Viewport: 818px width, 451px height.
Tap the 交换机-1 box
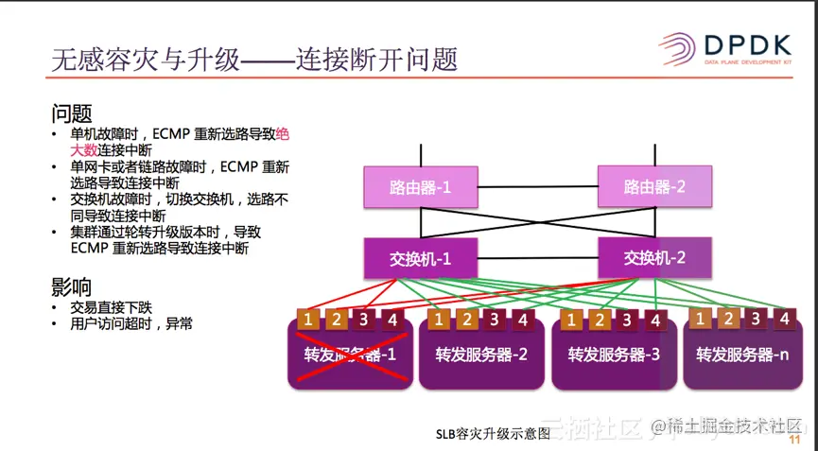pyautogui.click(x=421, y=258)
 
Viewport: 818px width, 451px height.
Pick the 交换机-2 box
pyautogui.click(x=654, y=256)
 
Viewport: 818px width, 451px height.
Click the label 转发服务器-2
pyautogui.click(x=481, y=356)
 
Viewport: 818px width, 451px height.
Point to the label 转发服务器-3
pyautogui.click(x=614, y=356)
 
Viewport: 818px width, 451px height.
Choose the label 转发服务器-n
pyautogui.click(x=742, y=356)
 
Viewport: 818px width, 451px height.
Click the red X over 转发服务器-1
pyautogui.click(x=351, y=355)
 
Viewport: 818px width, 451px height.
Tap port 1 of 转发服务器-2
pyautogui.click(x=438, y=320)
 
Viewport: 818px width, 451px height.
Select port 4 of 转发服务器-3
pyautogui.click(x=655, y=320)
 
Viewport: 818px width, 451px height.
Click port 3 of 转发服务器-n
pyautogui.click(x=756, y=319)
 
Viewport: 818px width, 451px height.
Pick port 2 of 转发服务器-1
pyautogui.click(x=335, y=320)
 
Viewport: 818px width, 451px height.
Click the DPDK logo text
pyautogui.click(x=746, y=45)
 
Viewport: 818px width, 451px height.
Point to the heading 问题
pyautogui.click(x=72, y=115)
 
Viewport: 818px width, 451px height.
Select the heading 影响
pyautogui.click(x=72, y=287)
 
